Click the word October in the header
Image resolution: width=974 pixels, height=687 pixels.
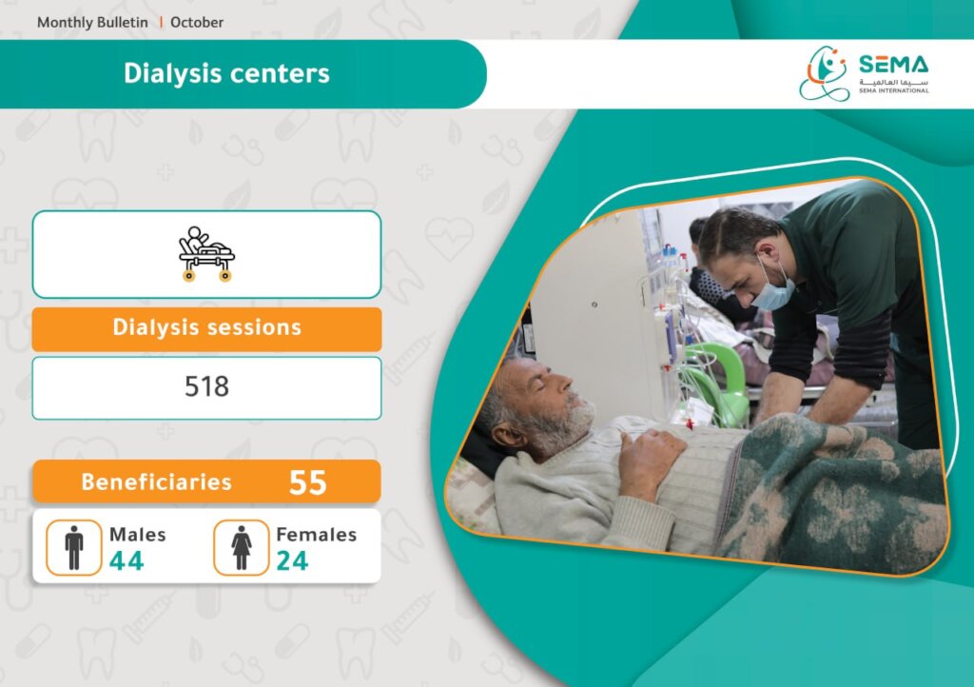(x=196, y=23)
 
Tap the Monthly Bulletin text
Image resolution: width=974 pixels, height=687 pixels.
(x=92, y=23)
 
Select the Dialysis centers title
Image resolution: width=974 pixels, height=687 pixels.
(x=226, y=73)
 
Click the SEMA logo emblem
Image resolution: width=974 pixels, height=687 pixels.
(x=824, y=73)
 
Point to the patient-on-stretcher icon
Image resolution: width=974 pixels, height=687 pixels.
(x=206, y=254)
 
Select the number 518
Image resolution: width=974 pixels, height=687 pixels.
(x=206, y=386)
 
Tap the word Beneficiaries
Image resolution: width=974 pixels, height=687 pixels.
(x=156, y=482)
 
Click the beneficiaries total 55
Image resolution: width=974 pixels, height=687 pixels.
(x=307, y=482)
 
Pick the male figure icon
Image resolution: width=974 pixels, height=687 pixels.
(x=74, y=547)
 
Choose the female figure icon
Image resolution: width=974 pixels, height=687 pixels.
(x=241, y=547)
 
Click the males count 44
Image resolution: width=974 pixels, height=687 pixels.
(x=127, y=560)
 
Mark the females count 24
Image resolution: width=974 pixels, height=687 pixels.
(x=292, y=560)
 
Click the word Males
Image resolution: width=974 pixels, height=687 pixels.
(x=137, y=535)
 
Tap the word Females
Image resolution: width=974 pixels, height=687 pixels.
(x=316, y=535)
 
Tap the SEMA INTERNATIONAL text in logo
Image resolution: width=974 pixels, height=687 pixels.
(x=894, y=90)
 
